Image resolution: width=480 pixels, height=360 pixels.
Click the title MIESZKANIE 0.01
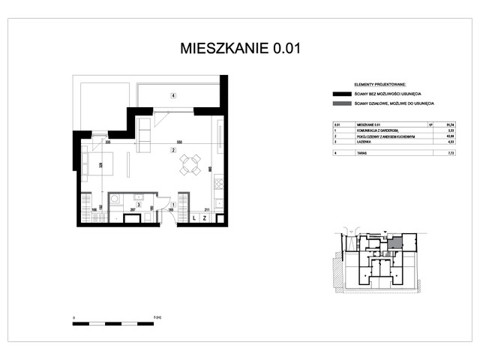pos(240,49)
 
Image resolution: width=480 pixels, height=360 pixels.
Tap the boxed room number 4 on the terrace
pos(172,95)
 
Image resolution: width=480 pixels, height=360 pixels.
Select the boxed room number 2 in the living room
pos(172,151)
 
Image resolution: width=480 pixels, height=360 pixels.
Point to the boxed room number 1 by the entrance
pos(172,205)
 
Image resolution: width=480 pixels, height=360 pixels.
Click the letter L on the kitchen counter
pos(194,218)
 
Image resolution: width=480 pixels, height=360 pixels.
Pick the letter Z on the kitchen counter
pos(205,218)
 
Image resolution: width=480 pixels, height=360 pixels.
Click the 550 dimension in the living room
pos(178,142)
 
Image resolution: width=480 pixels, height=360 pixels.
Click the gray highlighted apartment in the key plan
pos(394,244)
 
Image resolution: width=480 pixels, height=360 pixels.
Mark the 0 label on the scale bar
pos(73,318)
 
